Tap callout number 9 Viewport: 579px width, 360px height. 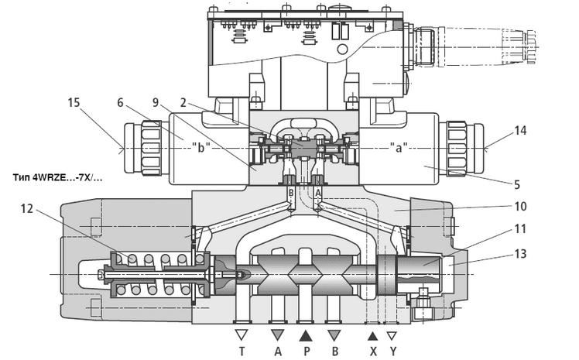click(x=157, y=101)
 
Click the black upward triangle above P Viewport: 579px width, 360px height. click(x=306, y=335)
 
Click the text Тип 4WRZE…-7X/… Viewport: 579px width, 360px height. click(x=58, y=177)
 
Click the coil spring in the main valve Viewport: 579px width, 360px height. click(x=159, y=275)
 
